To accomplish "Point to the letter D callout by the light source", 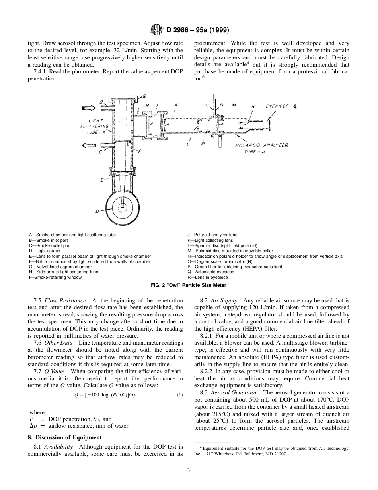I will click(97, 212).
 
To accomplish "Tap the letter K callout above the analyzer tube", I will click(176, 105).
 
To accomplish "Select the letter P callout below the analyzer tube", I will click(203, 143).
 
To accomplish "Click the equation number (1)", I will click(180, 395).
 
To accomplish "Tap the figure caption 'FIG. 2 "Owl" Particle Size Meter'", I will click(189, 285).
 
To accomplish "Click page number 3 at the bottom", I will click(189, 470).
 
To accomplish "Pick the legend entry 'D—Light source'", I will click(45, 251).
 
